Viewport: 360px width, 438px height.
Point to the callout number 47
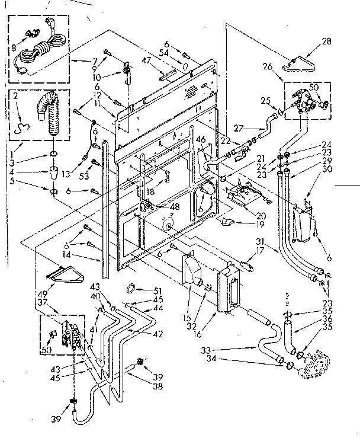(x=144, y=60)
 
